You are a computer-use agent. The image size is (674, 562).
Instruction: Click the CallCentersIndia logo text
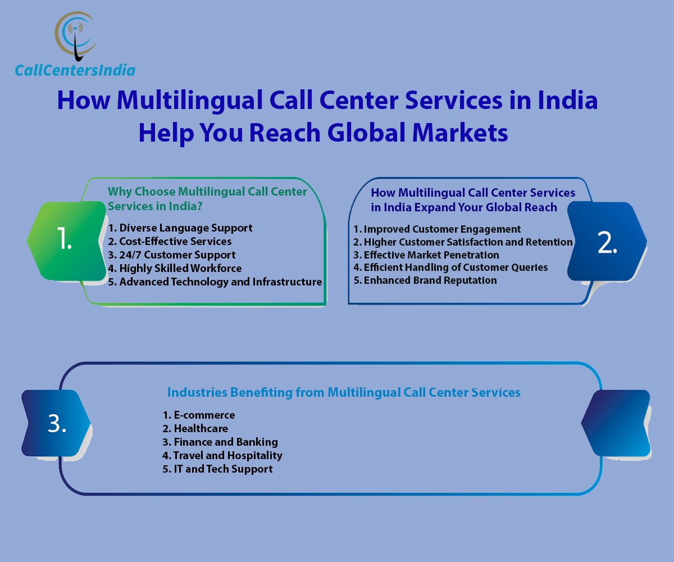[75, 70]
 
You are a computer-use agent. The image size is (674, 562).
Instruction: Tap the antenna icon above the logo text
[76, 36]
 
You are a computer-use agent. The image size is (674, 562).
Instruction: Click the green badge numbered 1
[67, 241]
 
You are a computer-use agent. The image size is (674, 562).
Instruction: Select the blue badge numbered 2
[607, 241]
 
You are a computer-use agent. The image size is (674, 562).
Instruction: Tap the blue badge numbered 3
[56, 423]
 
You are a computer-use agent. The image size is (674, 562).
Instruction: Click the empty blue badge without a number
[616, 423]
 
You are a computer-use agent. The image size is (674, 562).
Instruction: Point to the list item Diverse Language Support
[180, 228]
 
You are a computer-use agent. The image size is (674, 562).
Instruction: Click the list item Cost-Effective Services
[170, 241]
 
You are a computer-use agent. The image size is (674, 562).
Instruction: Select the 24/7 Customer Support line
[171, 255]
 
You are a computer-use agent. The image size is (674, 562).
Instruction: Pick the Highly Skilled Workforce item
[175, 269]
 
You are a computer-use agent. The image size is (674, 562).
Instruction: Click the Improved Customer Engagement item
[437, 229]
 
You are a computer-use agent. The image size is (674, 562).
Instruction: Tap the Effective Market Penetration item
[426, 255]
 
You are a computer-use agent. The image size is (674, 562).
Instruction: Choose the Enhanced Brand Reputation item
[425, 280]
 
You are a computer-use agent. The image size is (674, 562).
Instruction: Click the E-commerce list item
[198, 415]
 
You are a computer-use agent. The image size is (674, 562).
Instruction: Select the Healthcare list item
[195, 429]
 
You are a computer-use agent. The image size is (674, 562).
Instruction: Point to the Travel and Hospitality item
[222, 455]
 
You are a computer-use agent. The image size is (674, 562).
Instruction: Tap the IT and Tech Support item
[217, 469]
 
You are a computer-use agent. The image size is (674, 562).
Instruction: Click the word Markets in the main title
[460, 133]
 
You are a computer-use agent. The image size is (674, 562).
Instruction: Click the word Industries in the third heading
[197, 392]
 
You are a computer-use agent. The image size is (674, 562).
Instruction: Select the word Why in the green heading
[120, 192]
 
